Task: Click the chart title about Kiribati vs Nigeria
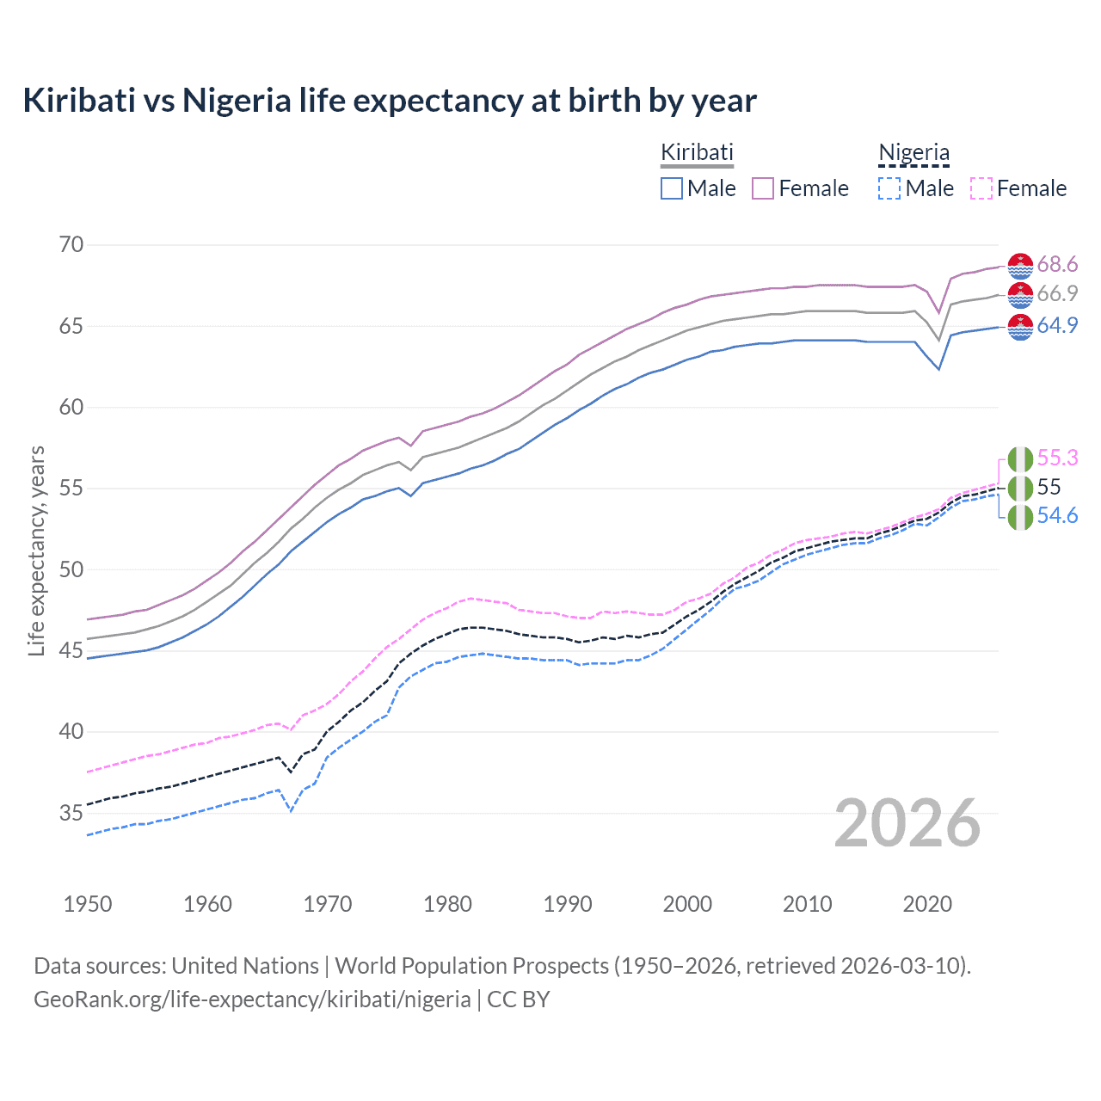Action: click(x=390, y=101)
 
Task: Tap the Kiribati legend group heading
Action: click(x=697, y=152)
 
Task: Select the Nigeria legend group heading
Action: click(x=913, y=152)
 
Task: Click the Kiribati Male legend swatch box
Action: click(x=672, y=188)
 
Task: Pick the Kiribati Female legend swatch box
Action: click(x=763, y=188)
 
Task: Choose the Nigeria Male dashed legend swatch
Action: click(x=889, y=188)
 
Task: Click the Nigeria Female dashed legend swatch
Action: click(x=981, y=188)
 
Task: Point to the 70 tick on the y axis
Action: click(x=71, y=245)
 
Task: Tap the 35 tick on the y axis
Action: click(x=71, y=813)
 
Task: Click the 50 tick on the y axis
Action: click(x=71, y=569)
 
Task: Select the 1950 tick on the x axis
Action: click(x=88, y=904)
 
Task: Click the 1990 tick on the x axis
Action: click(x=568, y=904)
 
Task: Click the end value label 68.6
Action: click(x=1057, y=264)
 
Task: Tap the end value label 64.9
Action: click(x=1057, y=325)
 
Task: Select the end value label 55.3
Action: click(x=1057, y=458)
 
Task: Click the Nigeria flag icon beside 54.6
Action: click(x=1020, y=518)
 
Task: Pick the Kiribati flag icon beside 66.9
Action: click(x=1020, y=295)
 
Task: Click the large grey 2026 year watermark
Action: click(x=907, y=823)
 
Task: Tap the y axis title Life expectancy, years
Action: click(x=36, y=550)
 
